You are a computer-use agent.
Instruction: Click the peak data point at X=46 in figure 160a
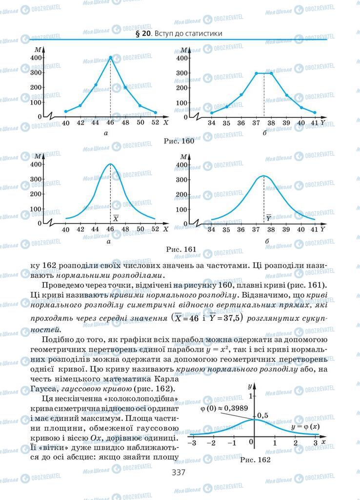(x=110, y=58)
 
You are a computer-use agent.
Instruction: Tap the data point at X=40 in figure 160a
(x=66, y=111)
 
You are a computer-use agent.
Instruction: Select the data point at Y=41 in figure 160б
(x=315, y=113)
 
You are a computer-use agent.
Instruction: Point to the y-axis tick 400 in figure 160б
(x=181, y=58)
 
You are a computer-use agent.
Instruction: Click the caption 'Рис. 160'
(x=180, y=141)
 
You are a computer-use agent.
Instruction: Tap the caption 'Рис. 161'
(x=180, y=249)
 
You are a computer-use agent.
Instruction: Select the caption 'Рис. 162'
(x=255, y=459)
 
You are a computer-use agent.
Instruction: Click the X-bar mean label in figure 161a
(x=116, y=218)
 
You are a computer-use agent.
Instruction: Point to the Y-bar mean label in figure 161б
(x=269, y=218)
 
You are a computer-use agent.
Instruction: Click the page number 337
(x=180, y=472)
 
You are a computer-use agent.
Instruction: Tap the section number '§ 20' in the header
(x=140, y=34)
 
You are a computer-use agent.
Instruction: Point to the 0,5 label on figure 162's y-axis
(x=263, y=415)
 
